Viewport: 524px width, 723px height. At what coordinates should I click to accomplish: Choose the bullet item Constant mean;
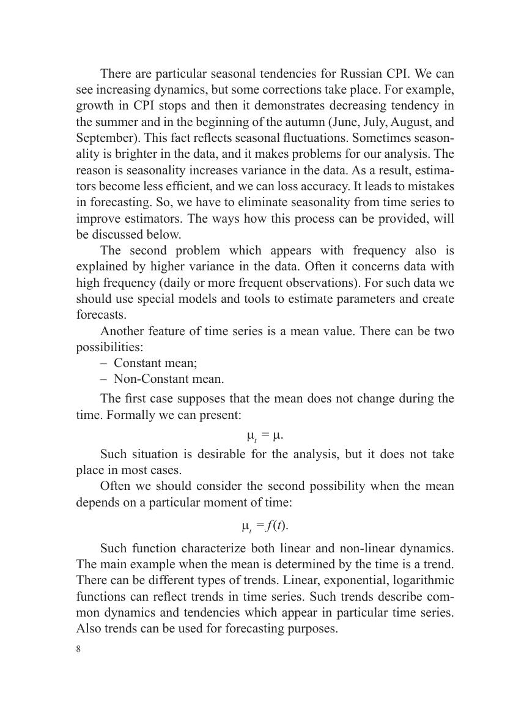click(x=155, y=363)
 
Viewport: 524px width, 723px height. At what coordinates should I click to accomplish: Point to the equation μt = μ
click(x=265, y=436)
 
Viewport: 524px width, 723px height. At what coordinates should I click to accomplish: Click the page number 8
click(x=79, y=650)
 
